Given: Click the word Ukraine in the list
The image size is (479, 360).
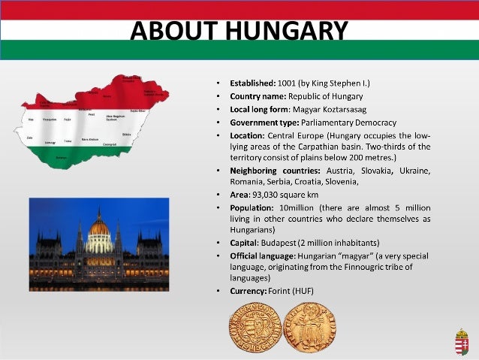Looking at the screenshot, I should [415, 171].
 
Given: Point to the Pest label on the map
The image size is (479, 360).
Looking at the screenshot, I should [92, 114].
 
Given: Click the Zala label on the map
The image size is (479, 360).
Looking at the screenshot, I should [31, 138].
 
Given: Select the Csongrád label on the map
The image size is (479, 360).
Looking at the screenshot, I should [110, 144].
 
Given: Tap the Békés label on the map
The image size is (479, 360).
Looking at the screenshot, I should [127, 134].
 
